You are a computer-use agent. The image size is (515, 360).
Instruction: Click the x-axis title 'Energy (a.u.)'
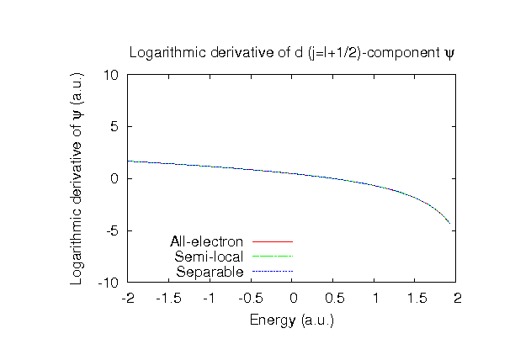coord(292,320)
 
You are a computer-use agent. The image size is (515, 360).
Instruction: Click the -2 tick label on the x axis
coord(127,298)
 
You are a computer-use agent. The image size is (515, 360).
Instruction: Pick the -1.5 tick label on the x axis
coord(168,298)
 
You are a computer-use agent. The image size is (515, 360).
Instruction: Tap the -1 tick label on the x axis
coord(210,298)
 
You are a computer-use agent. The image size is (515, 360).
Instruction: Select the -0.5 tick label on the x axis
coord(251,298)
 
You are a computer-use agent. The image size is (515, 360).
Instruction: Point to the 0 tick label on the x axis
coord(293,298)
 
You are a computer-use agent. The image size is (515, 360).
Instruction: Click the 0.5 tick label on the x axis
coord(334,298)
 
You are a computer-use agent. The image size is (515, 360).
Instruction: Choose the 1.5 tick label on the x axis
coord(417,298)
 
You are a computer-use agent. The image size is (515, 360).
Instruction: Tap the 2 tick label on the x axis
coord(459,298)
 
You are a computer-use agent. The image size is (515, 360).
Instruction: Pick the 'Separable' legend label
coord(210,272)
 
